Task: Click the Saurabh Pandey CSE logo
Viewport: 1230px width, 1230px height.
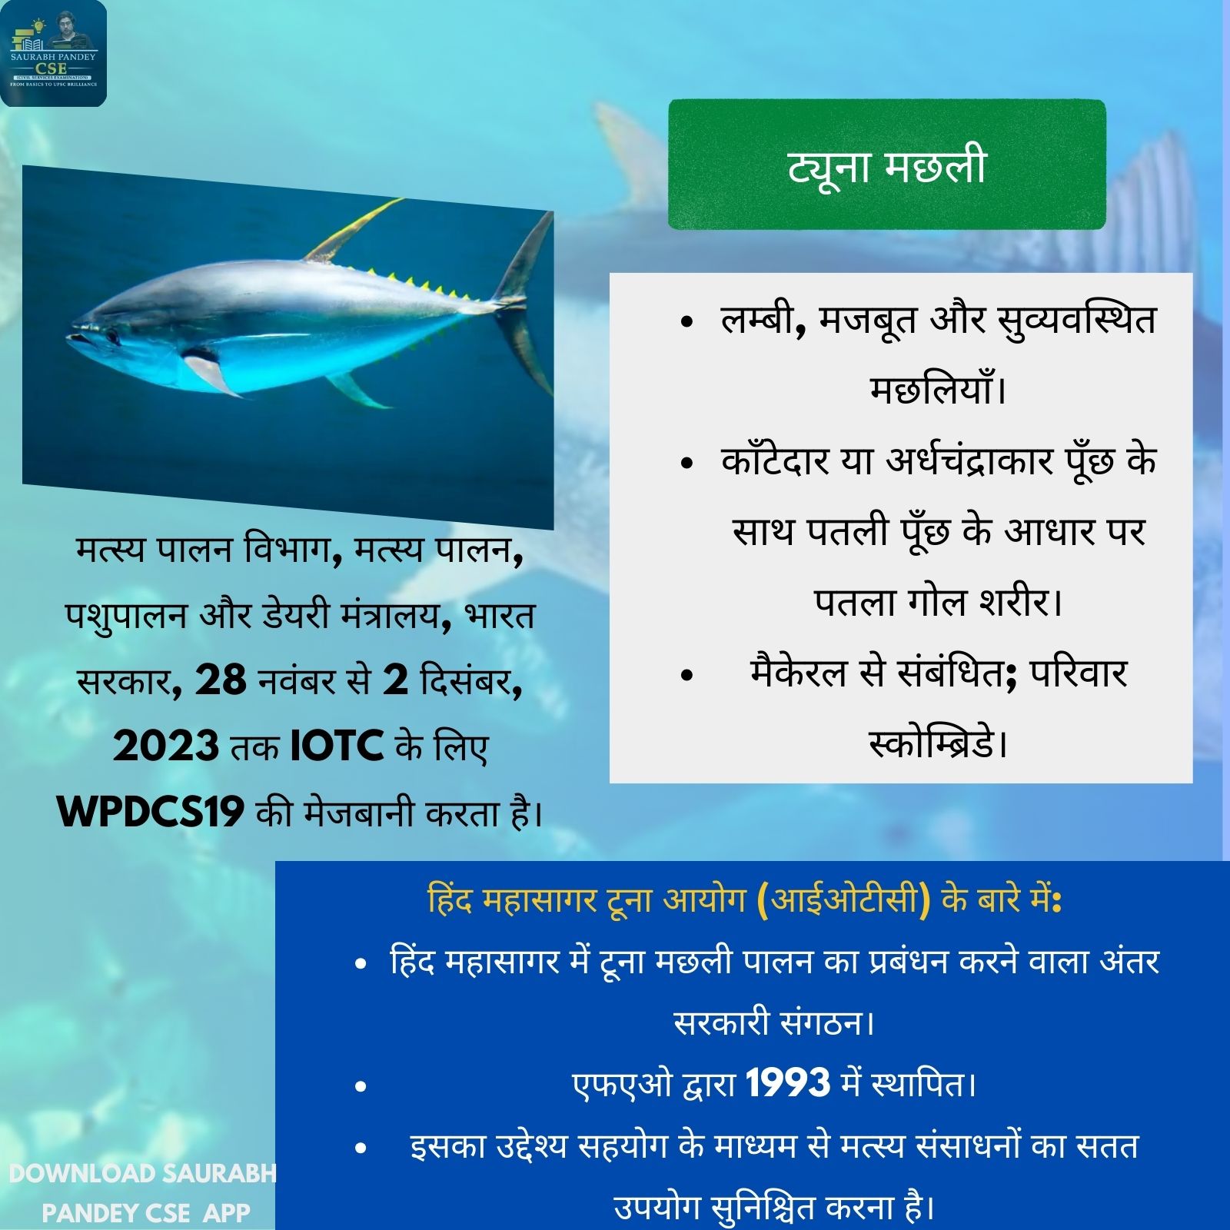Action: point(54,54)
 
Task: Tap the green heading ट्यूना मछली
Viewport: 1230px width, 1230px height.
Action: point(886,165)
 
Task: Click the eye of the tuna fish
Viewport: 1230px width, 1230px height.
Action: point(113,336)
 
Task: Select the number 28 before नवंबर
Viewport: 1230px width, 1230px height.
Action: point(221,680)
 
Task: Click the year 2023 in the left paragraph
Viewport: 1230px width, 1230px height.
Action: point(166,746)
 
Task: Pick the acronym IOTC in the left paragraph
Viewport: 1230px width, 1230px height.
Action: point(337,746)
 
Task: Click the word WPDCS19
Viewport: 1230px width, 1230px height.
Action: point(151,811)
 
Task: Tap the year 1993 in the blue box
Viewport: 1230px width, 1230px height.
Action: point(788,1083)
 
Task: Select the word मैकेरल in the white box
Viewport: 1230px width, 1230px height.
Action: point(800,672)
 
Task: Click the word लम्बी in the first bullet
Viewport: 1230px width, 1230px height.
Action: point(756,320)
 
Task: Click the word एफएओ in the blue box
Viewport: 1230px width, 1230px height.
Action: point(623,1085)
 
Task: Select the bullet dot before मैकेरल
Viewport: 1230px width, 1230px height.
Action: point(687,674)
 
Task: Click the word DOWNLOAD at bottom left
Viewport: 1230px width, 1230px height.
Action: point(82,1173)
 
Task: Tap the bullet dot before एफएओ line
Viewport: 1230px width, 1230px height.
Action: point(361,1086)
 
